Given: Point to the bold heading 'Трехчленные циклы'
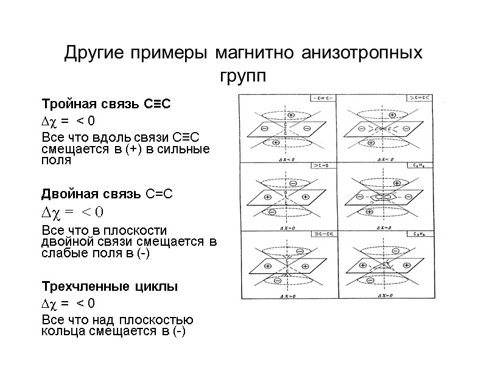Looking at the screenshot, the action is coord(110,287).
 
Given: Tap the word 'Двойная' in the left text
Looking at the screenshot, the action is coord(66,195).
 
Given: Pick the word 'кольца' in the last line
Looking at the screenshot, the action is coord(60,331).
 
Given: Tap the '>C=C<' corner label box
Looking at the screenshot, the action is coord(420,99).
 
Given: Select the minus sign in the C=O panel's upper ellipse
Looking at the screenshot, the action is coord(293,183).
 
